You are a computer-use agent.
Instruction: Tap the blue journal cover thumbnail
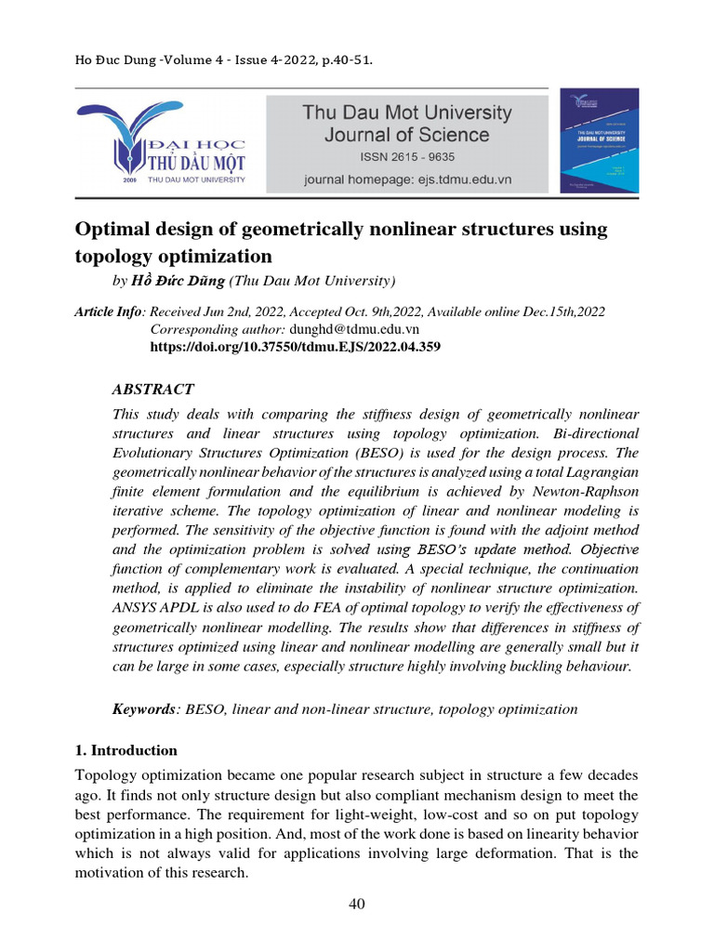pyautogui.click(x=599, y=140)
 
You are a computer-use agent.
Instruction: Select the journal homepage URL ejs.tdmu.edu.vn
pyautogui.click(x=456, y=178)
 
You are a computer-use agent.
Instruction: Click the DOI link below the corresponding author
pyautogui.click(x=295, y=346)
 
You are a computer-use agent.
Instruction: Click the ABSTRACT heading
pyautogui.click(x=152, y=389)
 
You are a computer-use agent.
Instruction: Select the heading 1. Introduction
pyautogui.click(x=126, y=750)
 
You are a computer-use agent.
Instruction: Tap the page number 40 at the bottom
pyautogui.click(x=357, y=907)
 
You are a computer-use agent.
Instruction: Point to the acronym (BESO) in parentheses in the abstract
pyautogui.click(x=427, y=453)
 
